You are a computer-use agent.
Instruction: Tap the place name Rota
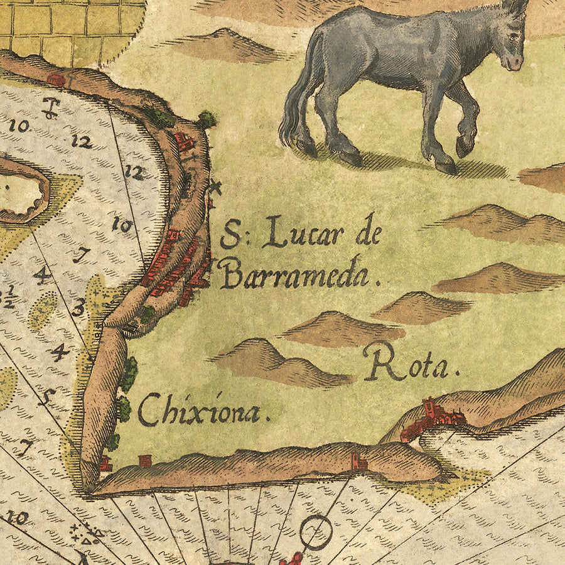pyautogui.click(x=411, y=364)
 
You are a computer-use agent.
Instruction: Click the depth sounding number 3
pyautogui.click(x=78, y=308)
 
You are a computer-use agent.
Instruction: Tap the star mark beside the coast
pyautogui.click(x=215, y=186)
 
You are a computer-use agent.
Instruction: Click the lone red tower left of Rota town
pyautogui.click(x=359, y=461)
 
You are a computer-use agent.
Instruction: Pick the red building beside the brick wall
pyautogui.click(x=56, y=79)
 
